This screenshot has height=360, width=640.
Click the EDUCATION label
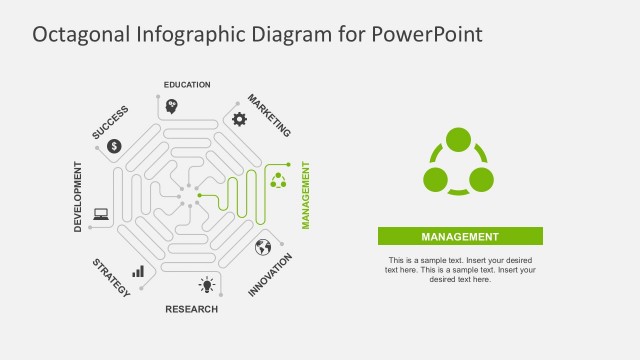pos(187,85)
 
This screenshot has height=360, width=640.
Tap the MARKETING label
pos(269,115)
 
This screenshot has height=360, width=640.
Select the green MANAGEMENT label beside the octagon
pos(306,196)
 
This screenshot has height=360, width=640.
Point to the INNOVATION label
pos(270,275)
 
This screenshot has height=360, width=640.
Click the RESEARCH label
pos(191,309)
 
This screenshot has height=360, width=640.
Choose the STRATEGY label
pos(111,278)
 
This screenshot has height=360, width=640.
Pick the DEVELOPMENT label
pos(78,196)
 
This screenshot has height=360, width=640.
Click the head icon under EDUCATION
pos(171,106)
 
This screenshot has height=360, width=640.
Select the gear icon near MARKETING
pos(239,119)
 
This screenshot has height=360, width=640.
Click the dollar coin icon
pos(114,146)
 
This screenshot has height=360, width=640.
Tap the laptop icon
pos(101,213)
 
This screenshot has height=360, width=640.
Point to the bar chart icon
pos(138,271)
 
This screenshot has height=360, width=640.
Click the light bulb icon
pos(206,285)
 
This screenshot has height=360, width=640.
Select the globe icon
pos(263,247)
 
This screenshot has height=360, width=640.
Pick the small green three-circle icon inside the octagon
pos(278,180)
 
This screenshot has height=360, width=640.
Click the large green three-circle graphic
pos(458,162)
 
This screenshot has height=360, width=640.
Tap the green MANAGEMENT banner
pos(460,237)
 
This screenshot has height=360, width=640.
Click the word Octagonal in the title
pos(79,34)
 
